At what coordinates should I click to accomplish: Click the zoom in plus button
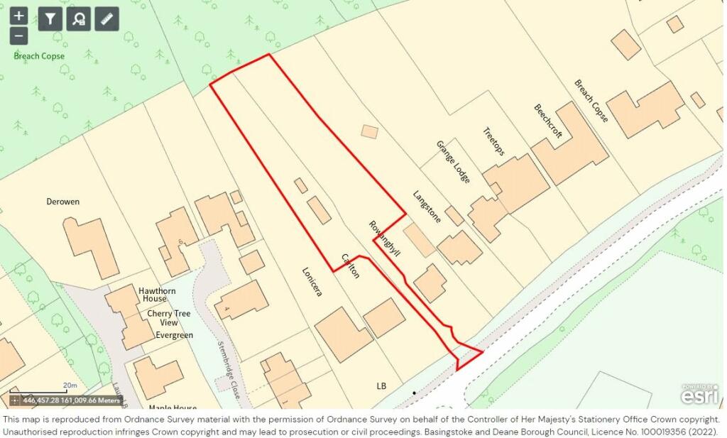click(x=19, y=15)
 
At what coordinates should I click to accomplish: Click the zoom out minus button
click(x=19, y=35)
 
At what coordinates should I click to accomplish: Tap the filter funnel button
click(x=50, y=18)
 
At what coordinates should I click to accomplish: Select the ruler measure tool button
click(x=107, y=18)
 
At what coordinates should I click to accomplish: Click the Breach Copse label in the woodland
click(x=39, y=56)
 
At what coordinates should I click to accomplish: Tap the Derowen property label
click(x=63, y=202)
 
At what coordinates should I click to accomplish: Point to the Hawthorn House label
click(x=138, y=296)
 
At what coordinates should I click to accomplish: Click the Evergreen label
click(x=174, y=335)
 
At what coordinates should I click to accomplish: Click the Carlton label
click(x=351, y=265)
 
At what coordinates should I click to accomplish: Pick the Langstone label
click(x=427, y=207)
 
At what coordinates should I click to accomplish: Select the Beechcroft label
click(x=547, y=121)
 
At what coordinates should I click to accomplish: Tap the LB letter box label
click(x=382, y=386)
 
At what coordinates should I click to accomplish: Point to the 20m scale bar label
click(x=70, y=385)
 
